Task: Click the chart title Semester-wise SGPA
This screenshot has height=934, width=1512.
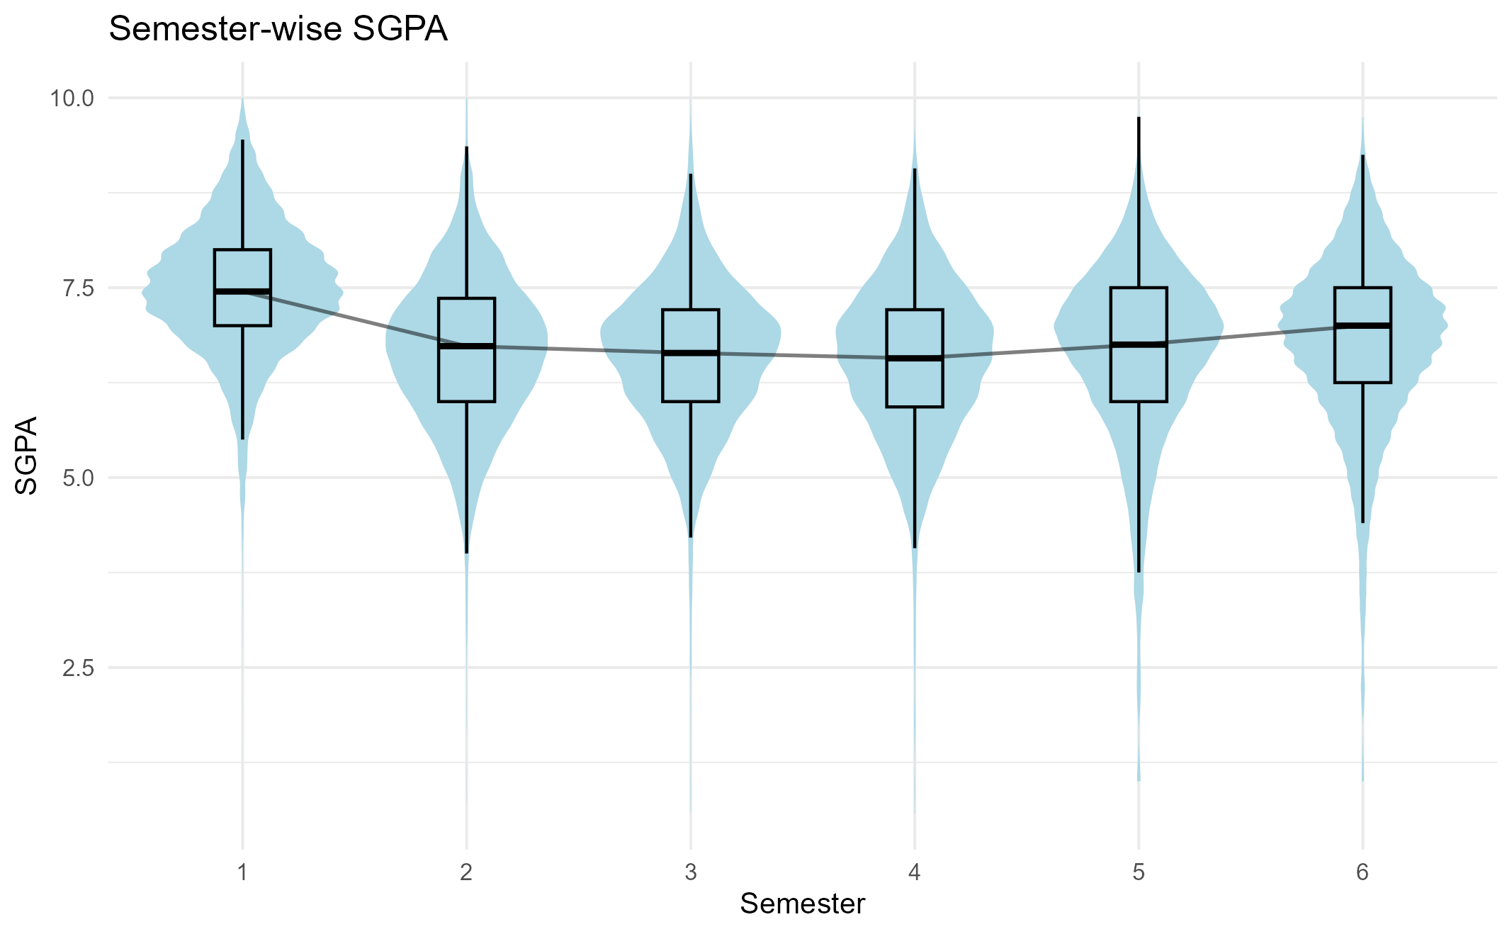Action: (x=278, y=30)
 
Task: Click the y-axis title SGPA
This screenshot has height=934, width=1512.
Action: (x=27, y=456)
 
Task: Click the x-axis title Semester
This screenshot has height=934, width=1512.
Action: (x=802, y=904)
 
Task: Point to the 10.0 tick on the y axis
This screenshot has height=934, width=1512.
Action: (x=72, y=98)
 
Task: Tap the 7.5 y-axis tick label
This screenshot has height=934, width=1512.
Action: (x=77, y=288)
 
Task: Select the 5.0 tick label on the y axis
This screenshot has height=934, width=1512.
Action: (x=77, y=478)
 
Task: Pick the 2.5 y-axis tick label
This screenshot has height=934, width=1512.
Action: (x=77, y=668)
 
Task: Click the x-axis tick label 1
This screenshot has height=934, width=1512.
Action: (x=242, y=872)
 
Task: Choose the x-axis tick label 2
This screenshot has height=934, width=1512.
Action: (x=466, y=872)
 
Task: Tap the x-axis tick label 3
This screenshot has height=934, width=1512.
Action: (x=691, y=872)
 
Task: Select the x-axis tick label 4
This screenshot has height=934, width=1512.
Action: (x=915, y=872)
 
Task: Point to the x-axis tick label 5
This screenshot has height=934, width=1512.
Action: (x=1139, y=872)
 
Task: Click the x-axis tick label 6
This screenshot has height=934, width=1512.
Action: (x=1363, y=872)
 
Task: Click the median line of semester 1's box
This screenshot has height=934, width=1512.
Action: (x=242, y=291)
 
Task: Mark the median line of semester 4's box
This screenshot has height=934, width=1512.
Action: (x=915, y=358)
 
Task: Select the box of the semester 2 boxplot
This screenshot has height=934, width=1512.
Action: (x=466, y=376)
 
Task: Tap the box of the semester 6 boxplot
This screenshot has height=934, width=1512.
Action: (x=1363, y=354)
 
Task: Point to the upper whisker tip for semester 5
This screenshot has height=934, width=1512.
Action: (x=1139, y=118)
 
